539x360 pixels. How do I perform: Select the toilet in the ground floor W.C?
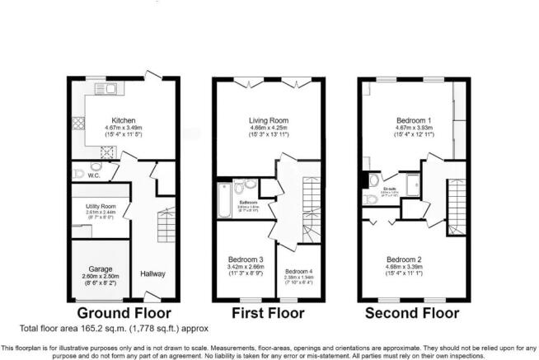point(79,174)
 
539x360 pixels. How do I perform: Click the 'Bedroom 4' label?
point(298,270)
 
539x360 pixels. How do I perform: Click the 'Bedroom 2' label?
point(410,258)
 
